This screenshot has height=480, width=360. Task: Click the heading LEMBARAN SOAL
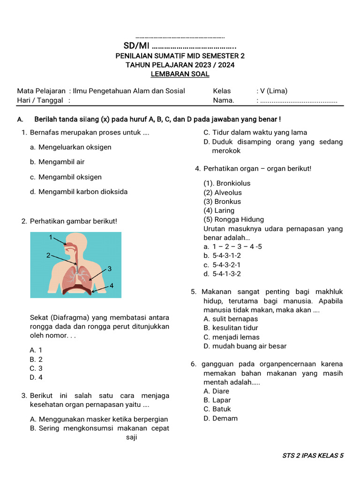180,74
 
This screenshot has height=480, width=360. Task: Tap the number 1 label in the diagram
51,237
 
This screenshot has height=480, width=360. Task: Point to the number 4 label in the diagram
112,285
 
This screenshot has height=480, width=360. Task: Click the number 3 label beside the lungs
109,269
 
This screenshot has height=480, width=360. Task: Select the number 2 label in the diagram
48,255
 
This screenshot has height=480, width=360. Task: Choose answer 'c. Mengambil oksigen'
65,177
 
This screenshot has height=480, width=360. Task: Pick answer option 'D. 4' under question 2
36,377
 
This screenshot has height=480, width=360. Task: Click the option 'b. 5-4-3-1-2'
222,256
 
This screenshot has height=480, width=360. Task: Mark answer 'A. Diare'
216,391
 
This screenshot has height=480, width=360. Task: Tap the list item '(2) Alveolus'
223,193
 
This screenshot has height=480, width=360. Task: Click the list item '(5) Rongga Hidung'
233,219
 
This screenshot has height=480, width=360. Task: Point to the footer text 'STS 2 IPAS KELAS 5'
313,455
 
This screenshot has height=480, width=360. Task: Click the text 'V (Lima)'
274,91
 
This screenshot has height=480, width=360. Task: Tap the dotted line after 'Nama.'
299,100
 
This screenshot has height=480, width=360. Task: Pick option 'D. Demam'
220,419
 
